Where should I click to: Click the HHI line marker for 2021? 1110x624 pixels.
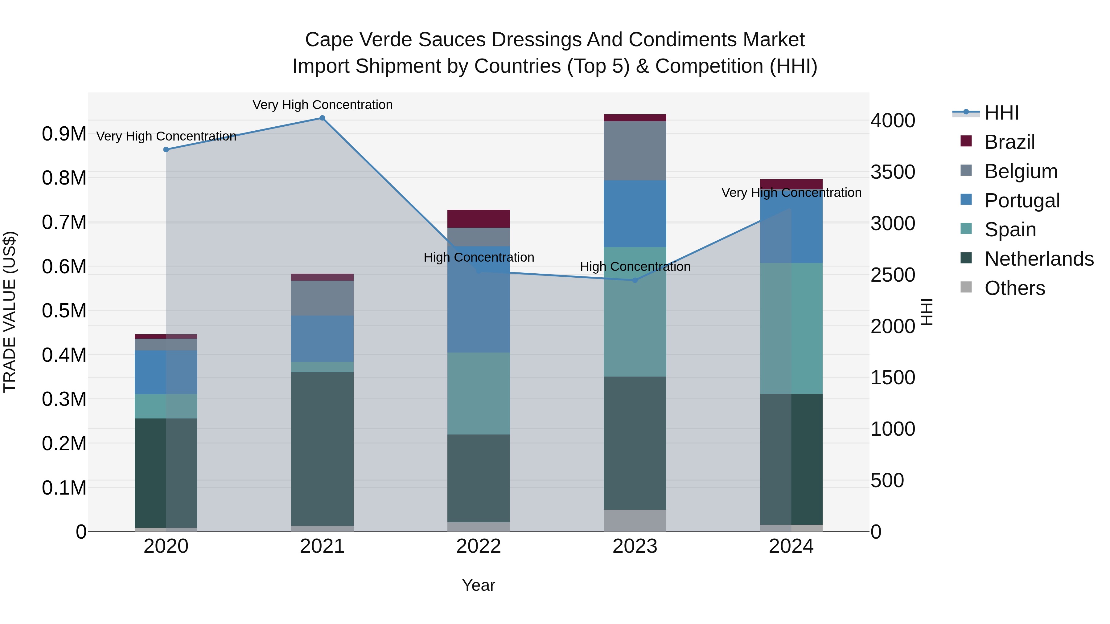(x=322, y=118)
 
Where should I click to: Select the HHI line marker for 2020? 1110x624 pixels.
(x=166, y=149)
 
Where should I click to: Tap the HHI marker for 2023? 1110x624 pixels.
(x=635, y=280)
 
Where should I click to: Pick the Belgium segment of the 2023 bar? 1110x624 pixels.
(x=635, y=151)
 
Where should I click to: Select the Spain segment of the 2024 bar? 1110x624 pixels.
(x=791, y=328)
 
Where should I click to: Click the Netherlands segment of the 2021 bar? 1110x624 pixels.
(x=322, y=449)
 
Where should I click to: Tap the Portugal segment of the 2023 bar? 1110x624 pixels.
(x=635, y=214)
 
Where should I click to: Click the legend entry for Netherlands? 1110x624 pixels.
(x=1039, y=259)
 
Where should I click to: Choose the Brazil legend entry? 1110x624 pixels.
(x=1009, y=142)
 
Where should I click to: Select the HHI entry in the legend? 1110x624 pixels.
(x=1001, y=113)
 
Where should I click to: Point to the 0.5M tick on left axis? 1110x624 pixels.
(x=64, y=311)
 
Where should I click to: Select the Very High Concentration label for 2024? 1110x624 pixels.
(x=791, y=193)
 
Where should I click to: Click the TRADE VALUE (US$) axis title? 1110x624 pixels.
(x=10, y=312)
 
